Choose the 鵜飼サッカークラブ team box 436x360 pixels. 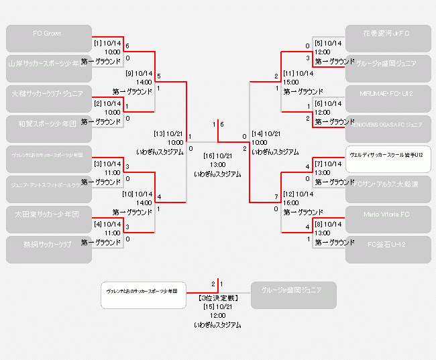[x=48, y=249]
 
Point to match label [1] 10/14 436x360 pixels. [x=107, y=43]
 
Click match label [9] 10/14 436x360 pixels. [x=140, y=73]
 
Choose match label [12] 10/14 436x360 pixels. [x=298, y=194]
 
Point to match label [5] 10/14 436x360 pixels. [x=328, y=43]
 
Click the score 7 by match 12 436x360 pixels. [x=276, y=197]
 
